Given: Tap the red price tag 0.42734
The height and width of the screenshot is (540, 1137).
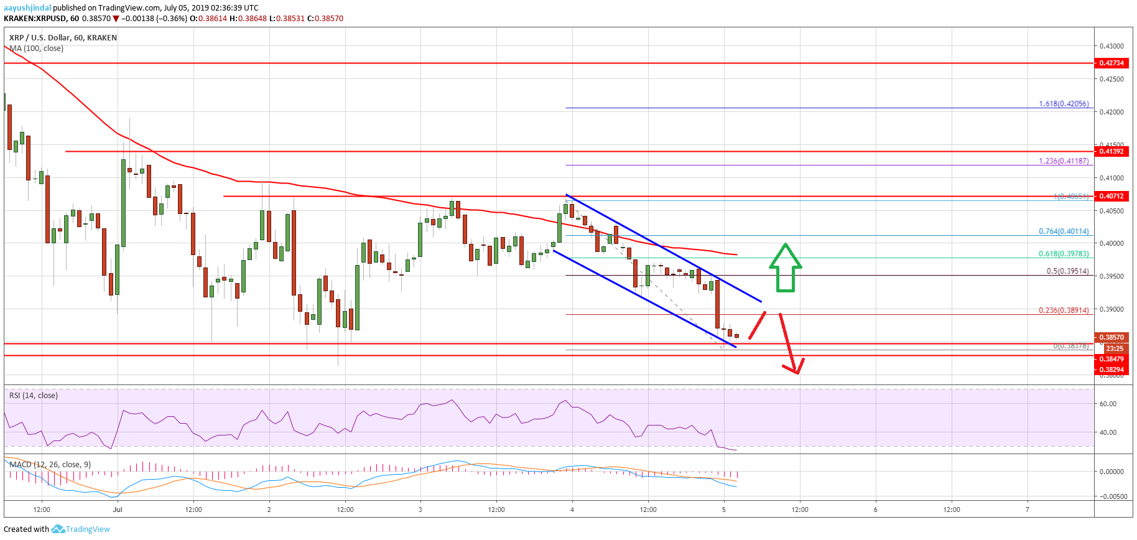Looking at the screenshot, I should point(1111,63).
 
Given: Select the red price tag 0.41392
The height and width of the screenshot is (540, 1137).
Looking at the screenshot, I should point(1111,151).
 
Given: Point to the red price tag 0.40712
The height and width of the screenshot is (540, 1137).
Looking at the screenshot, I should point(1111,196).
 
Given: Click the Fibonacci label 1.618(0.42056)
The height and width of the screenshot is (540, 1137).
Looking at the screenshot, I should point(1064,104).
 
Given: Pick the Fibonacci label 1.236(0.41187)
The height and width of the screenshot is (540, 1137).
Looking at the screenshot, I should point(1064,161).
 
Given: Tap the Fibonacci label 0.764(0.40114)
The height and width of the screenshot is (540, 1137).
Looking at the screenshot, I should point(1064,231).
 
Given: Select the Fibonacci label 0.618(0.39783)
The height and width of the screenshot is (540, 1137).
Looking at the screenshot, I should point(1064,254).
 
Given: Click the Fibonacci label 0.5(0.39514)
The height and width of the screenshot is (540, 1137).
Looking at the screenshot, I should point(1067,271).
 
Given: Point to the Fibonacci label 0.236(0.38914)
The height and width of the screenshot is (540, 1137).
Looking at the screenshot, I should point(1064,310).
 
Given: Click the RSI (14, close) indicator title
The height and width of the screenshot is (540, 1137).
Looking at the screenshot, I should point(34,396).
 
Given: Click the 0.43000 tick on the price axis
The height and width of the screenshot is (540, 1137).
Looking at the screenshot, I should point(1111,46).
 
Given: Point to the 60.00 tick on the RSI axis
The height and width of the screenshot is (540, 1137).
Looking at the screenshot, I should point(1108,404).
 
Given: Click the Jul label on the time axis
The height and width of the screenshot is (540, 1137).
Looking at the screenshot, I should point(118,510).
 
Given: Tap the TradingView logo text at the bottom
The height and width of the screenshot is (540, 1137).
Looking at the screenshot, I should point(88,529).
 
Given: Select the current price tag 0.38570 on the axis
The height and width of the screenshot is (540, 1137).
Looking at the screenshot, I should point(1111,337).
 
